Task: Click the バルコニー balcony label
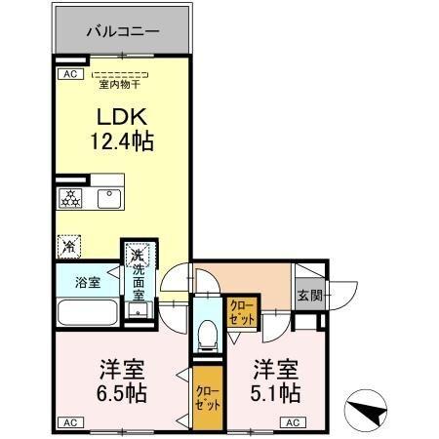122,31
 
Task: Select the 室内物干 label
121,83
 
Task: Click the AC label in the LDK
68,73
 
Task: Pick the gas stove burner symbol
71,197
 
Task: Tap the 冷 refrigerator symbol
69,247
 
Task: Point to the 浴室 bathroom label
88,283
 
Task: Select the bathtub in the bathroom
87,312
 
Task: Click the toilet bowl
205,336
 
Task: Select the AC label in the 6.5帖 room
68,422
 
